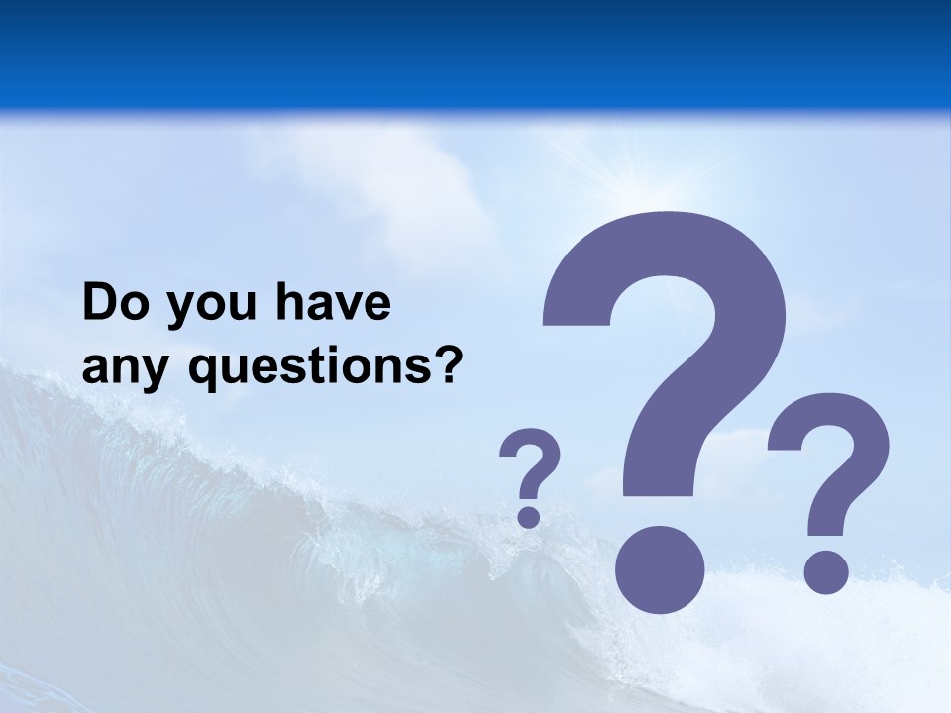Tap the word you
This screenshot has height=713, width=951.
(x=209, y=307)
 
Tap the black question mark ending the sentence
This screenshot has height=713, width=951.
(x=449, y=364)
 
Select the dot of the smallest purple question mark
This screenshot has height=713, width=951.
(x=529, y=515)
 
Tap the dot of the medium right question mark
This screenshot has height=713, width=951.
(x=825, y=571)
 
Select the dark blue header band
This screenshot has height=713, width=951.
(x=475, y=50)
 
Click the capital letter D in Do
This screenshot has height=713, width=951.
(x=100, y=303)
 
